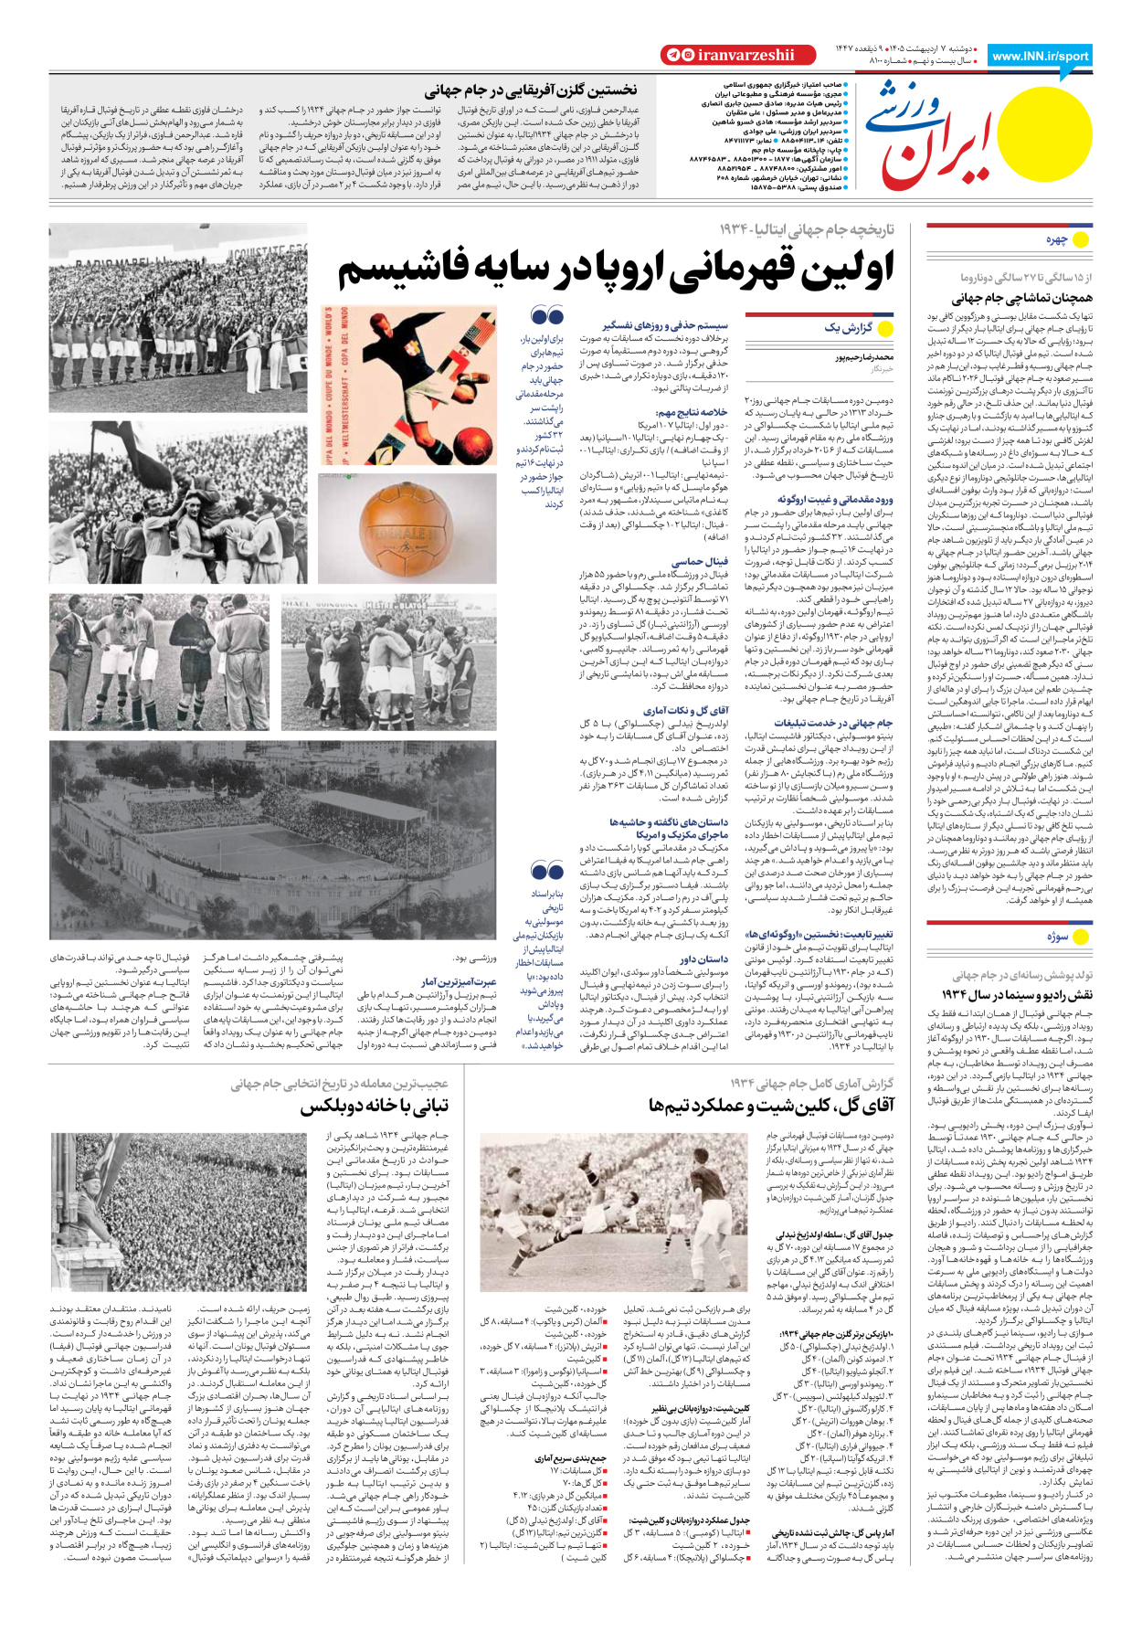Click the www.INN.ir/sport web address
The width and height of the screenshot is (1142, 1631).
point(1040,56)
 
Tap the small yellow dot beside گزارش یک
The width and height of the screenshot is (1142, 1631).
point(884,329)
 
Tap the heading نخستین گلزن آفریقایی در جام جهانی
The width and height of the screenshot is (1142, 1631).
point(530,90)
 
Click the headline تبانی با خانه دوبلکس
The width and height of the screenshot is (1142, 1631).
point(374,1107)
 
